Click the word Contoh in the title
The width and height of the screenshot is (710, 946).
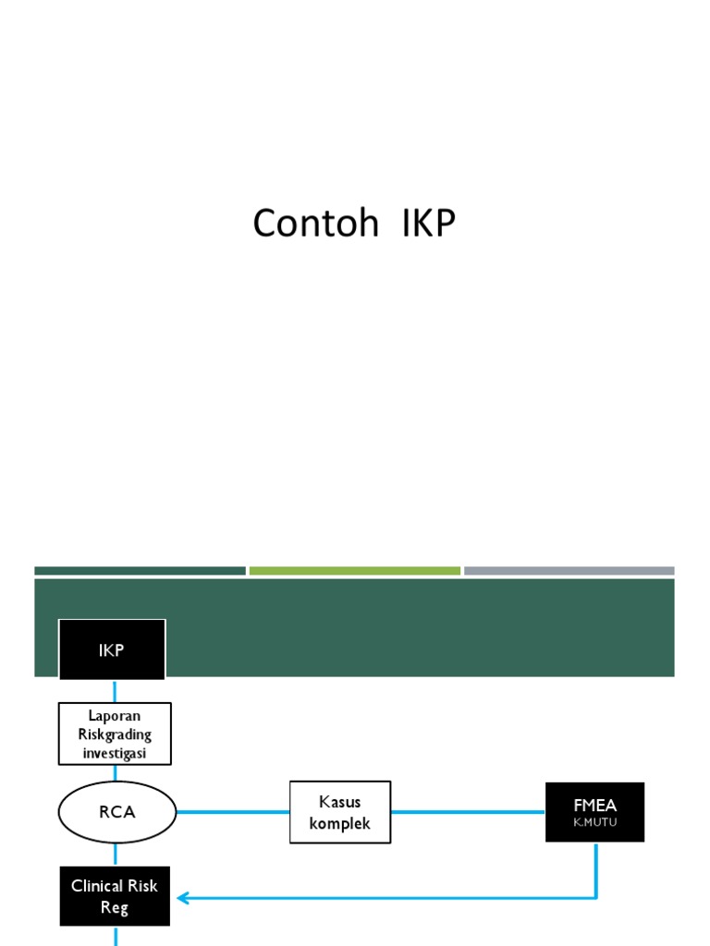(x=315, y=224)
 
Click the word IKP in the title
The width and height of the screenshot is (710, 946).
(x=429, y=224)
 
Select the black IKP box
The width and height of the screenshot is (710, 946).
(x=112, y=649)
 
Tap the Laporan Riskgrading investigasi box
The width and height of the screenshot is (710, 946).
(x=115, y=734)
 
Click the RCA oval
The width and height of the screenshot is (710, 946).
(x=116, y=812)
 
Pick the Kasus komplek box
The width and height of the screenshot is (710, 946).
(x=340, y=812)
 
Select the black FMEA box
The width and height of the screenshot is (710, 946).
(x=594, y=812)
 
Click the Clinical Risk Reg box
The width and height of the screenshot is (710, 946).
(x=115, y=896)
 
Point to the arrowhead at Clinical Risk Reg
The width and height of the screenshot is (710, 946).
(x=183, y=897)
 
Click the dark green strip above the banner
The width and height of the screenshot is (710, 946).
(x=140, y=571)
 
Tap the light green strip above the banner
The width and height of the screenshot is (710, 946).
(x=354, y=571)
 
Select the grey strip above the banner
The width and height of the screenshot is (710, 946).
(x=569, y=571)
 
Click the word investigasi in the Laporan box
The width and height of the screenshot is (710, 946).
(x=116, y=753)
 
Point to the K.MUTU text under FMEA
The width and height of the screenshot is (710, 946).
(x=594, y=822)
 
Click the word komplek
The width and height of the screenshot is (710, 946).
(x=340, y=822)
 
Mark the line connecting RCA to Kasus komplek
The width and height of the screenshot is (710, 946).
(x=232, y=812)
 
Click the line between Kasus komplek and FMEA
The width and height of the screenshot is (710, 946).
(x=467, y=812)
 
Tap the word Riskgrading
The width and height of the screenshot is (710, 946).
(x=116, y=734)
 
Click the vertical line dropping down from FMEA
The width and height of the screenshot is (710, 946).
(x=595, y=868)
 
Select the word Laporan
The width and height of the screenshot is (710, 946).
(x=116, y=716)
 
